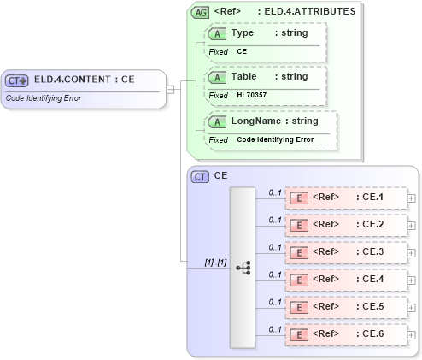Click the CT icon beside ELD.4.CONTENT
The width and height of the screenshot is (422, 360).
point(17,80)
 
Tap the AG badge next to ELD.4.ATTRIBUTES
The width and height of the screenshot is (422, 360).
point(200,12)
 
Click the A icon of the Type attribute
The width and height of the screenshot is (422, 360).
point(217,33)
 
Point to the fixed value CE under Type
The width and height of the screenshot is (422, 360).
point(242,52)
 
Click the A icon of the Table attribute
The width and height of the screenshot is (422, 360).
point(217,77)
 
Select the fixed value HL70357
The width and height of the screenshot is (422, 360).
point(253,96)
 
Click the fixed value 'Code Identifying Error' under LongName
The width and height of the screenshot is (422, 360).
point(275,139)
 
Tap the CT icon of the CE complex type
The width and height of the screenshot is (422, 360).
point(200,176)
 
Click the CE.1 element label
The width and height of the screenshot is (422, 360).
point(373,198)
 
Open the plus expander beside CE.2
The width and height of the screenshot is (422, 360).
point(412,226)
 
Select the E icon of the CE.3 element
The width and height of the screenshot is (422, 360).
point(299,252)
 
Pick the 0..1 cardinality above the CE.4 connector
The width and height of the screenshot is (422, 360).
point(275,274)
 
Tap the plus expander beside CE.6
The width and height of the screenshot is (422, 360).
point(412,335)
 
